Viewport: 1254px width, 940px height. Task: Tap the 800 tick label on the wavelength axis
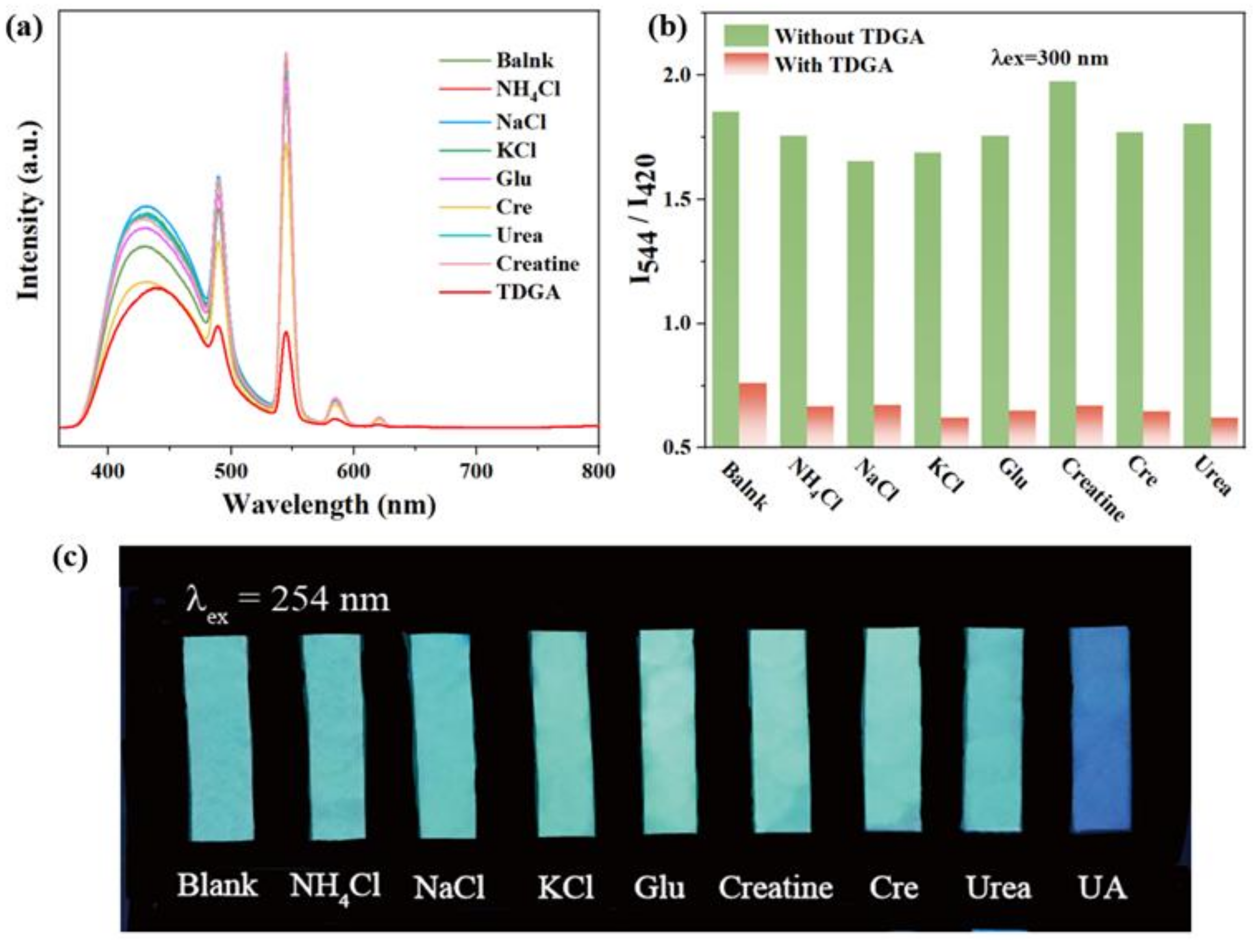click(598, 471)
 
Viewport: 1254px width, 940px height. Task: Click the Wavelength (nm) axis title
click(329, 504)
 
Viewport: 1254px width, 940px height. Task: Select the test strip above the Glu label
click(667, 732)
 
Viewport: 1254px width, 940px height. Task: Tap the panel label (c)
click(70, 558)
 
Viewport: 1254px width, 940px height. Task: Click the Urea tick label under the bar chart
click(1212, 477)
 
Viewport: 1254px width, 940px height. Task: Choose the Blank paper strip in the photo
click(218, 737)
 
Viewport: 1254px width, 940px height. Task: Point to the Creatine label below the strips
click(776, 887)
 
